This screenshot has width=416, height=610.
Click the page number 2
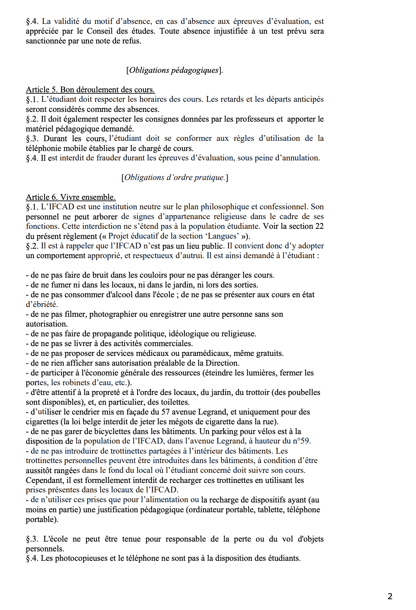point(390,596)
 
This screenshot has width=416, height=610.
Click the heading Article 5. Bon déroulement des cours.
point(90,90)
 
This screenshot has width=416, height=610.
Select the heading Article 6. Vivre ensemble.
point(71,197)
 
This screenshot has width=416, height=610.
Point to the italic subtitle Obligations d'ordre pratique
point(175,177)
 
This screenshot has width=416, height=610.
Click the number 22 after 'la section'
point(319,226)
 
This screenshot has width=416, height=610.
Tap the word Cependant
point(43,480)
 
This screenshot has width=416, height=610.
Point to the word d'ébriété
point(42,304)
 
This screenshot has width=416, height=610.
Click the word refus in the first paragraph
point(131,41)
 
